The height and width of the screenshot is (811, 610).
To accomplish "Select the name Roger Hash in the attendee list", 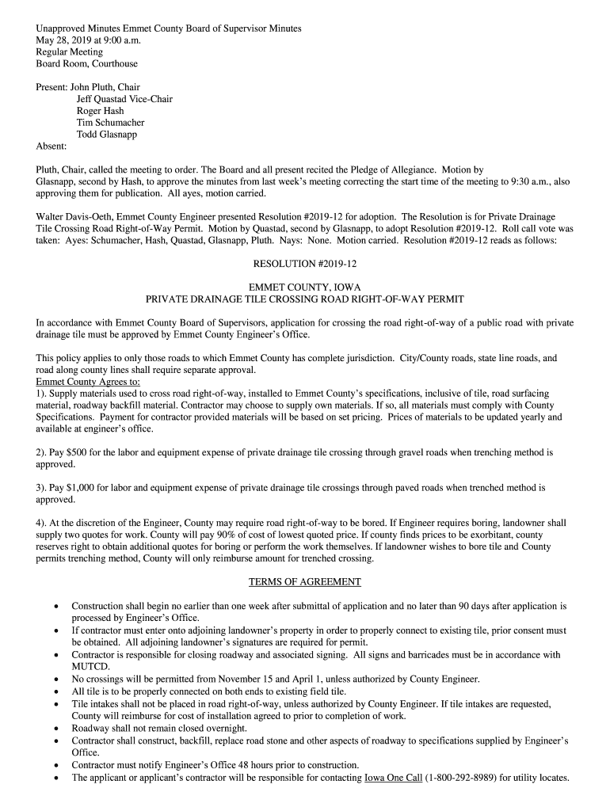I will pos(100,111).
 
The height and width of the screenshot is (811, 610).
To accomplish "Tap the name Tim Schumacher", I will pos(110,123).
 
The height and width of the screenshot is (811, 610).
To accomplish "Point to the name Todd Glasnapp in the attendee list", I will pos(106,135).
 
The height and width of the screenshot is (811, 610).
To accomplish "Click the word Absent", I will pos(51,147).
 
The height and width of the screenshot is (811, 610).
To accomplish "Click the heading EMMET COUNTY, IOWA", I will pos(304,287).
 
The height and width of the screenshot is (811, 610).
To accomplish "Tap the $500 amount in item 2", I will pos(78,452).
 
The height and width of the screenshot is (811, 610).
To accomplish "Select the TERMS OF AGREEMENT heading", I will pos(304,582).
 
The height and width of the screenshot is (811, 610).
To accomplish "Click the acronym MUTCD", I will pos(90,667).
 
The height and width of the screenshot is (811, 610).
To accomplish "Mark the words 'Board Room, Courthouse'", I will pos(87,63).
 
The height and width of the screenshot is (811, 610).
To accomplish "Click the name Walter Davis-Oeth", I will pos(74,216).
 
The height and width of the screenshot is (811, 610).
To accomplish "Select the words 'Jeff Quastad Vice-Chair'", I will pos(124,99).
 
